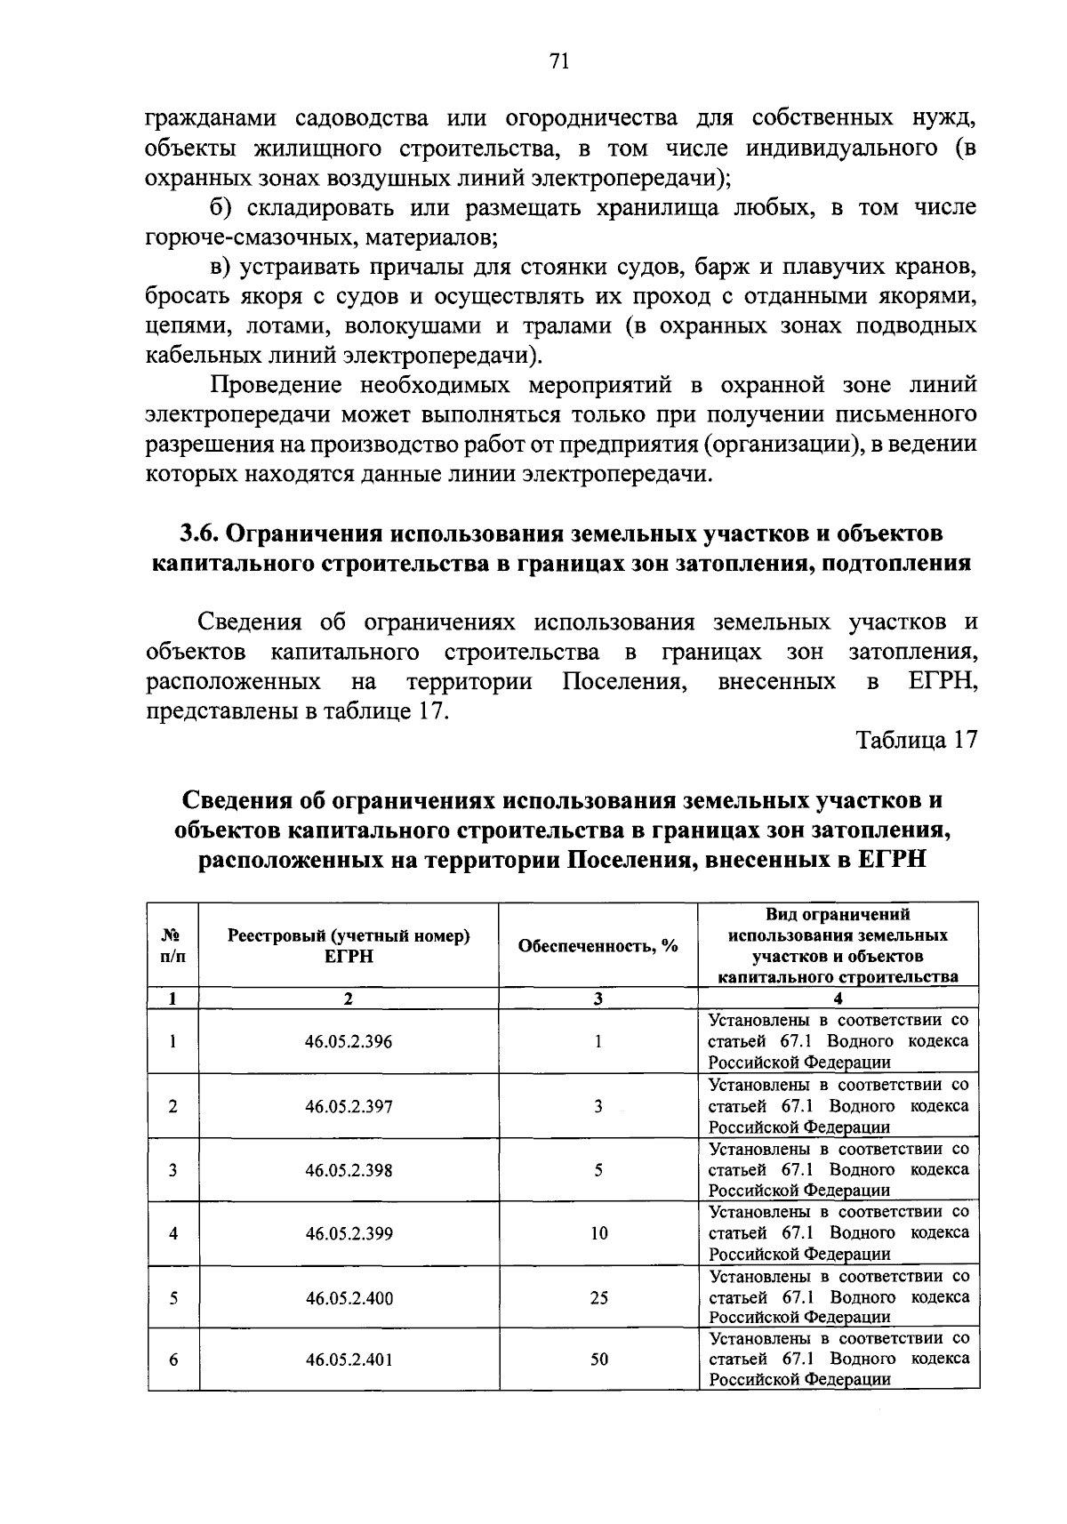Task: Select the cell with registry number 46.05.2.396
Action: [349, 1042]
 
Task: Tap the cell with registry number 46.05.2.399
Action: [349, 1233]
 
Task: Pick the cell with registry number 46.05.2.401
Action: [349, 1360]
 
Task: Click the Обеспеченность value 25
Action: [598, 1298]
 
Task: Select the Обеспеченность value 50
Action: [598, 1360]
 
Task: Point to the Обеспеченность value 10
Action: [598, 1233]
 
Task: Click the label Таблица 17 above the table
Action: [916, 741]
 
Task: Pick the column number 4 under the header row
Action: [838, 999]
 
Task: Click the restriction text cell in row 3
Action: [838, 1170]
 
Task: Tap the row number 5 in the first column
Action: [172, 1298]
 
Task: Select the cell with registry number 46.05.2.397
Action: [349, 1107]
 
